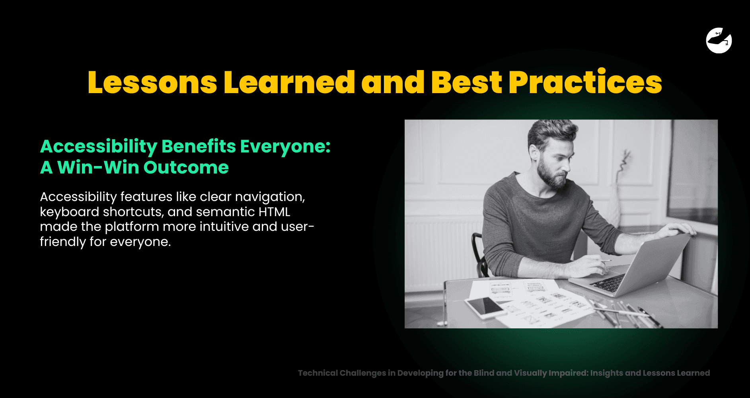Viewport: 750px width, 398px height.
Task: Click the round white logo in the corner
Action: click(x=719, y=40)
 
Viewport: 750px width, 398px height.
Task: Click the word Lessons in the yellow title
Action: click(x=152, y=82)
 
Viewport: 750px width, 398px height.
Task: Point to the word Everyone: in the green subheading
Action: click(x=285, y=147)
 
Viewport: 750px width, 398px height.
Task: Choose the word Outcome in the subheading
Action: click(x=186, y=168)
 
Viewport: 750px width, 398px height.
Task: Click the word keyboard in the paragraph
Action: click(x=70, y=212)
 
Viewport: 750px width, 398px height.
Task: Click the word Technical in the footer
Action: click(x=318, y=373)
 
